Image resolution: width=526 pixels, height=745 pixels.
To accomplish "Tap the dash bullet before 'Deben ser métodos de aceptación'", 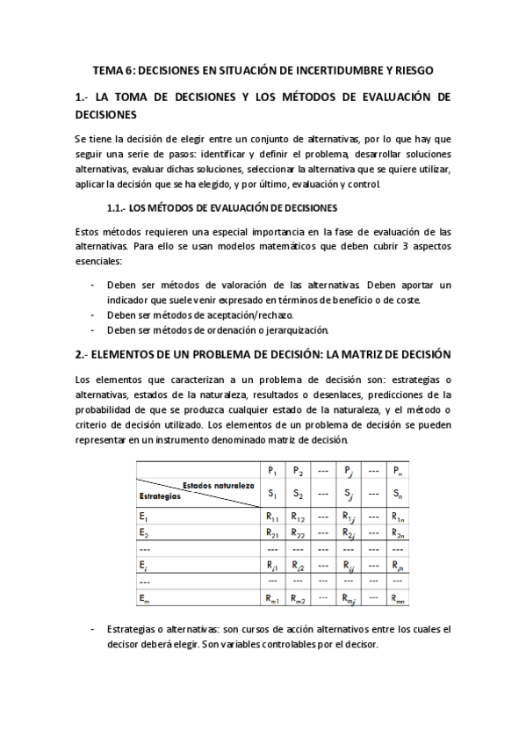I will (x=93, y=315).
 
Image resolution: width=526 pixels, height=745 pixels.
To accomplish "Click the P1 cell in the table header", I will (x=273, y=471).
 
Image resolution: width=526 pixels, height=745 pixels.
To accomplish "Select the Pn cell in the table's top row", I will (x=398, y=471).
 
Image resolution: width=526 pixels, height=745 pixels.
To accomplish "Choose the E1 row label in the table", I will (x=144, y=517).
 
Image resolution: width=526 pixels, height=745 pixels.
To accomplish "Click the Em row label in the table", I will (x=144, y=598).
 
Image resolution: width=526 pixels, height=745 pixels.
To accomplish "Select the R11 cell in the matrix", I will (x=273, y=517).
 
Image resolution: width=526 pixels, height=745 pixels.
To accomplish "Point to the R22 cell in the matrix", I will (x=298, y=533).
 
